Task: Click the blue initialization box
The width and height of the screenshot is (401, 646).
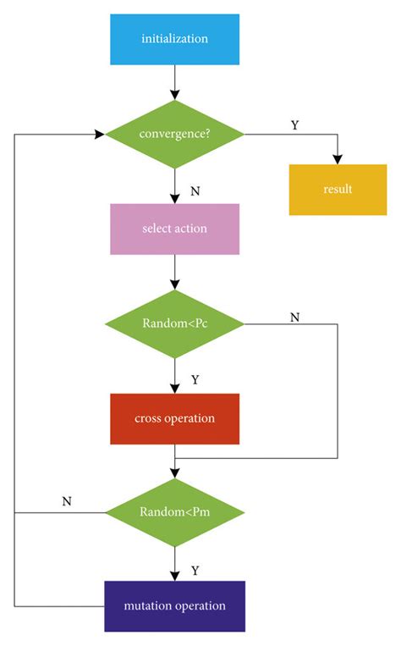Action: (x=174, y=39)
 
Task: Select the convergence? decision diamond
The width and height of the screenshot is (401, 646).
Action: (x=174, y=134)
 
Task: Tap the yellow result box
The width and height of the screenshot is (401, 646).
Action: (x=338, y=189)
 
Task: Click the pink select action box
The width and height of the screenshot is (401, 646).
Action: (x=174, y=229)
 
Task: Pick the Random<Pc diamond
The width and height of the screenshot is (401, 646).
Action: (x=174, y=323)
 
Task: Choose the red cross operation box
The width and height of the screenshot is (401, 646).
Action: (x=174, y=418)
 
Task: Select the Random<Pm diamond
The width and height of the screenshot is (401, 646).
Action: (x=174, y=512)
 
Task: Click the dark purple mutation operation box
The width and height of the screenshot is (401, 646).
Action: (x=174, y=605)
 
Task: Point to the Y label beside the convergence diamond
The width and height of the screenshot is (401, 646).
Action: (x=294, y=125)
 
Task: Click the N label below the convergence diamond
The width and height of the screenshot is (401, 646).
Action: (x=195, y=191)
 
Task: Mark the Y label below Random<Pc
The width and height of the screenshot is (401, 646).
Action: (x=195, y=380)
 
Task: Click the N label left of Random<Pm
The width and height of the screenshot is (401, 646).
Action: (x=67, y=501)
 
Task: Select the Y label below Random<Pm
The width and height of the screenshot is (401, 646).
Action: (x=195, y=571)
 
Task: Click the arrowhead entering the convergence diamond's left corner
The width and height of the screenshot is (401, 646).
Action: (x=99, y=134)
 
